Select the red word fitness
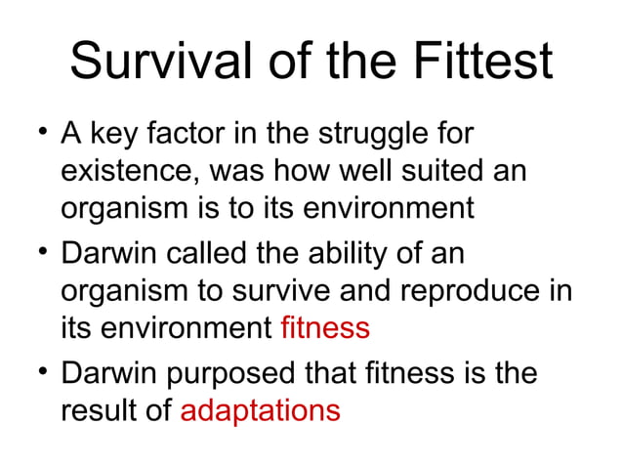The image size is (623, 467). (x=324, y=327)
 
